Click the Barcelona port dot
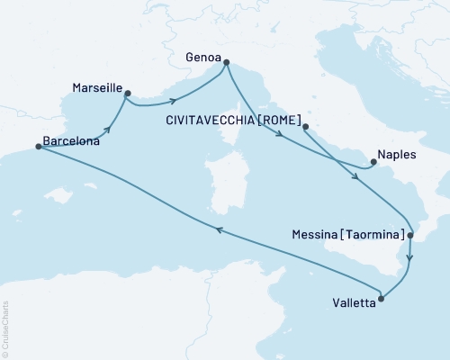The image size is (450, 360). pos(38,147)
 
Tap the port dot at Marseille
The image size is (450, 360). pos(127,93)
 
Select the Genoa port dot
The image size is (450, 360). pos(225,62)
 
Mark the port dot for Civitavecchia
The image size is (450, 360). pos(306,127)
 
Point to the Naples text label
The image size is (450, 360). pos(397,155)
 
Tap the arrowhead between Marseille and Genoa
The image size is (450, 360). pos(175,98)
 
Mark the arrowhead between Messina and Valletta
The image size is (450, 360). pos(409,257)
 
